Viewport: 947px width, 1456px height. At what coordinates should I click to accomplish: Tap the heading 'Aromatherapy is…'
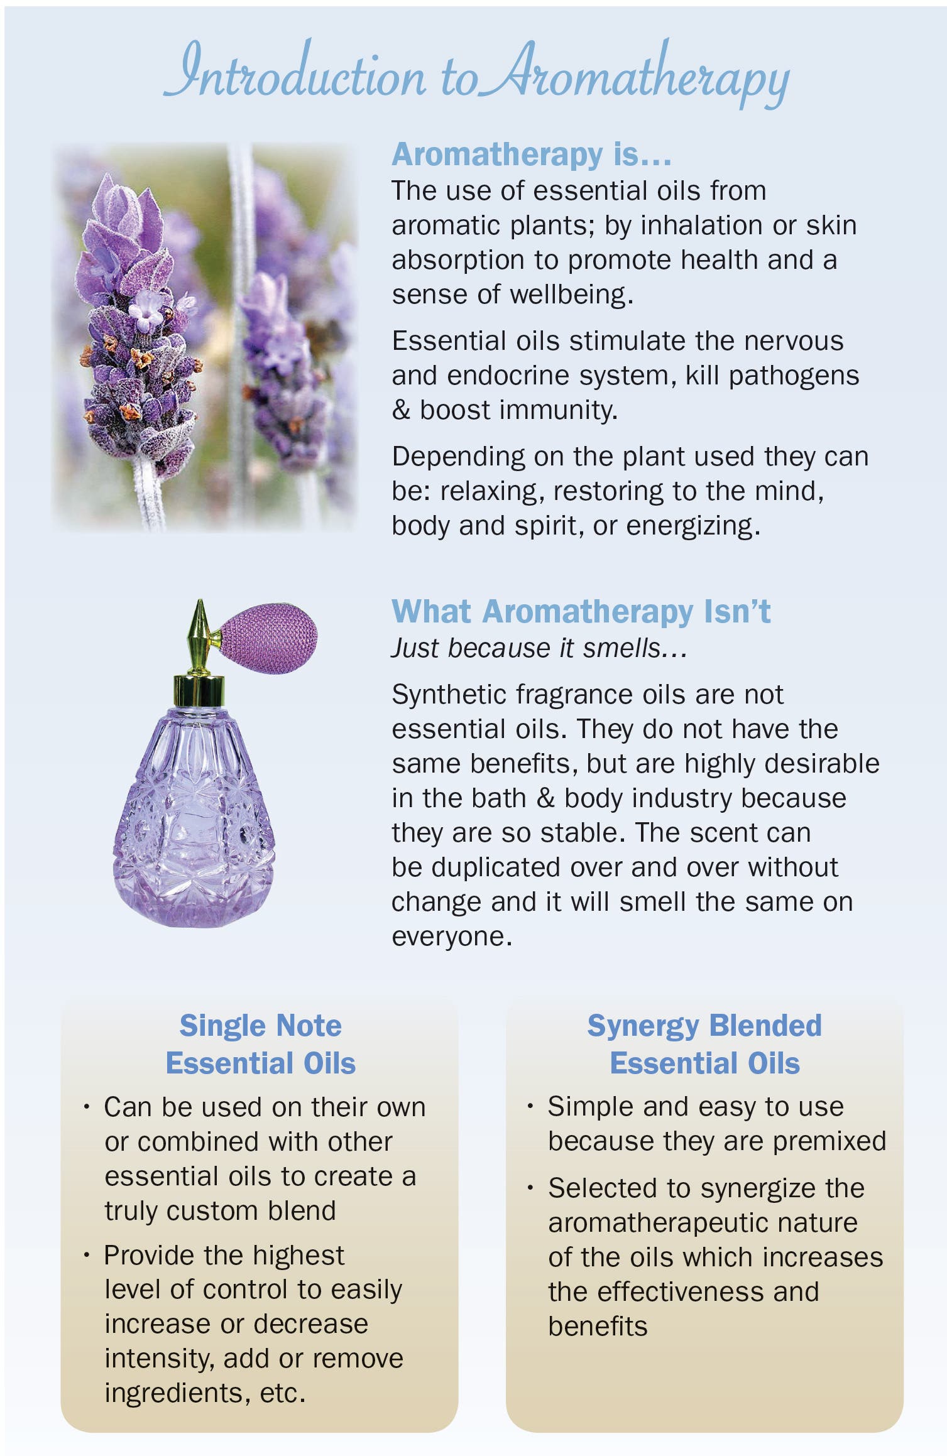532,155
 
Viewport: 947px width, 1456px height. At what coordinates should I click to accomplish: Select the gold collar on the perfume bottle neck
199,691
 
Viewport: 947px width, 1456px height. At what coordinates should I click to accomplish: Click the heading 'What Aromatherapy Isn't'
581,612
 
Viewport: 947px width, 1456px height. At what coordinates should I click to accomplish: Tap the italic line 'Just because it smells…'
539,648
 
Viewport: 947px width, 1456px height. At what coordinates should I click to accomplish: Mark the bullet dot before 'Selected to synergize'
531,1187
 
